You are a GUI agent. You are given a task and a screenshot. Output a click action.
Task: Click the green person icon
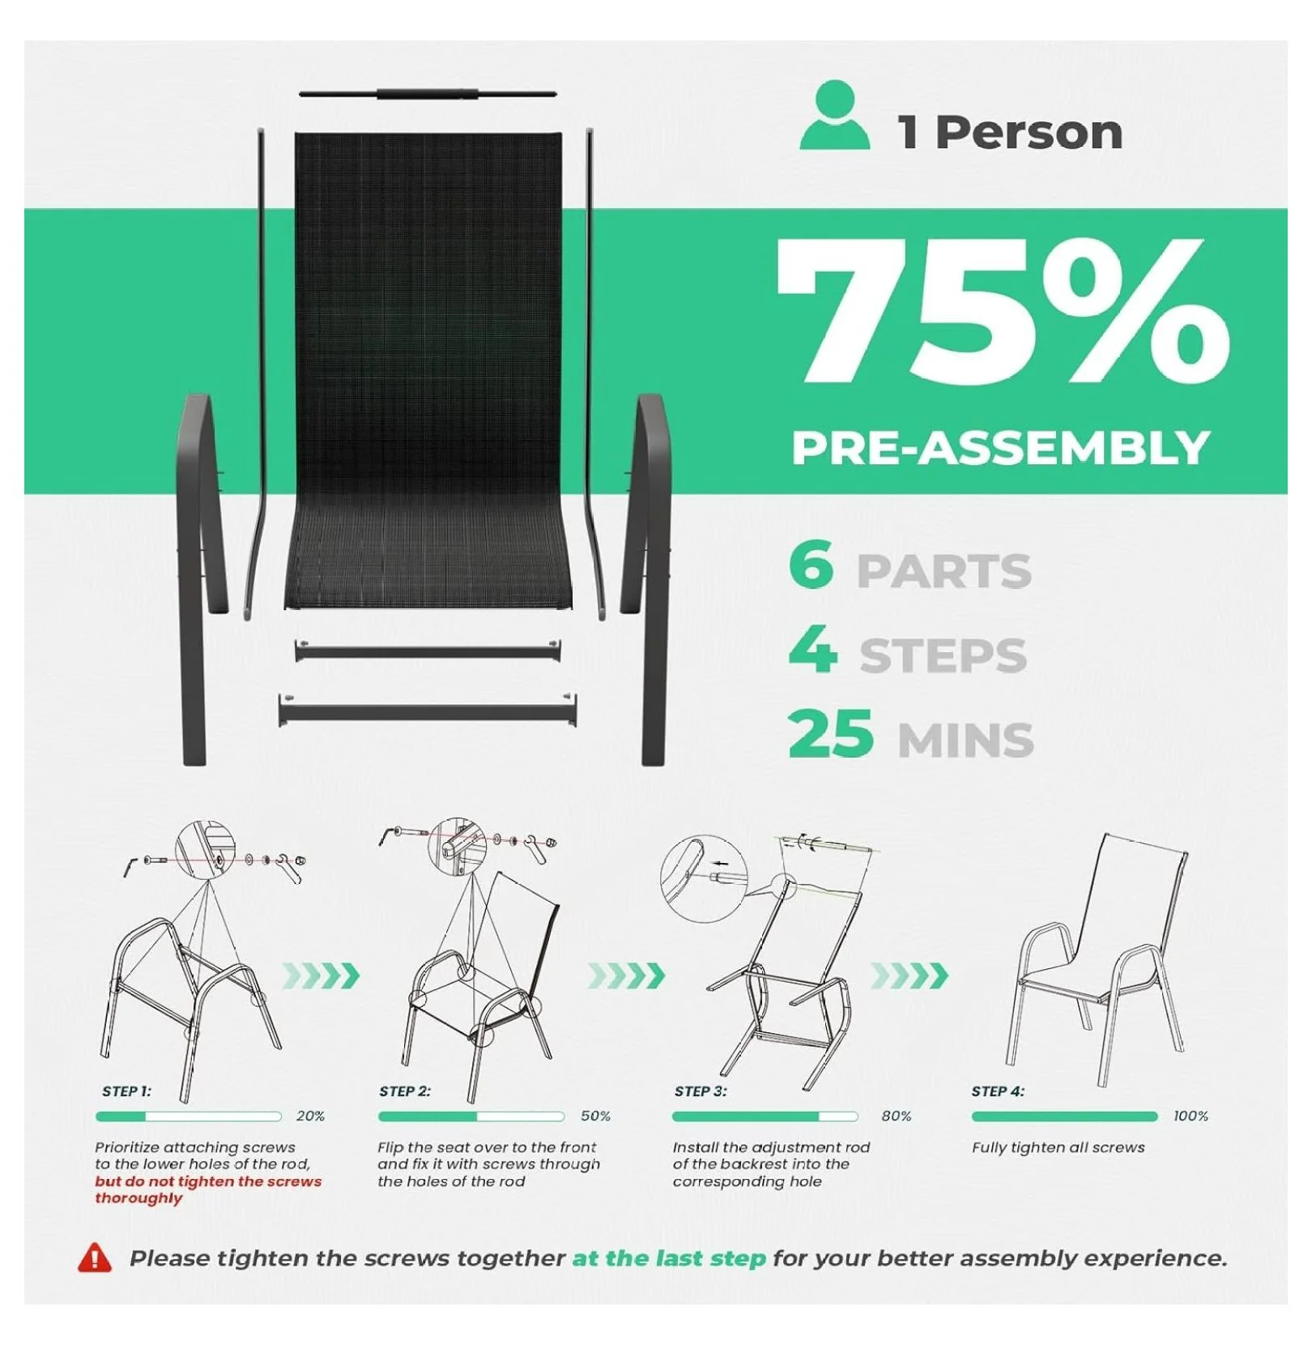pyautogui.click(x=835, y=115)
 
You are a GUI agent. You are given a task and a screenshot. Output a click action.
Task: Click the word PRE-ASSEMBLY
pyautogui.click(x=1001, y=448)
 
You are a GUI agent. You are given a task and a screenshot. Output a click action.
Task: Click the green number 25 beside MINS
pyautogui.click(x=831, y=733)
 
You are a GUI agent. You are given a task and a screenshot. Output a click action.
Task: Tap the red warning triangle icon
pyautogui.click(x=95, y=1257)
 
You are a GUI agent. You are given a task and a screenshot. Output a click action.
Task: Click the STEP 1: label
pyautogui.click(x=126, y=1091)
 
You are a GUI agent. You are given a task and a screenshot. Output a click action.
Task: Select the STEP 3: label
pyautogui.click(x=701, y=1091)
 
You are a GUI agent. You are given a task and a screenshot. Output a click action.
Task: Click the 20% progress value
pyautogui.click(x=310, y=1116)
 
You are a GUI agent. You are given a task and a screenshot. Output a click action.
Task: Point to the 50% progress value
pyautogui.click(x=595, y=1116)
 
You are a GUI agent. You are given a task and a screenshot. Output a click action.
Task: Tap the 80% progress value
pyautogui.click(x=897, y=1116)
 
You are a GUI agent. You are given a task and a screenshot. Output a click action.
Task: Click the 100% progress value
pyautogui.click(x=1191, y=1116)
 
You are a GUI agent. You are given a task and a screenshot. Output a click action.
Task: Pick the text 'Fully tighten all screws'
pyautogui.click(x=1059, y=1148)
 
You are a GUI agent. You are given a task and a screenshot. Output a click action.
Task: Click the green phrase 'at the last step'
pyautogui.click(x=669, y=1258)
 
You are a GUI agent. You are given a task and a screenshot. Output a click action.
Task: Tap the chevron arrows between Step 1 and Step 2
pyautogui.click(x=321, y=976)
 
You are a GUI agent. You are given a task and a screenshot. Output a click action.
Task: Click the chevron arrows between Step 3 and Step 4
pyautogui.click(x=909, y=976)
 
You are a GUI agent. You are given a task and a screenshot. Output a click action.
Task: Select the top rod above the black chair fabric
pyautogui.click(x=428, y=94)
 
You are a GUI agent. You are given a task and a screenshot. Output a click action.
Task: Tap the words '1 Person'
pyautogui.click(x=1010, y=132)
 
